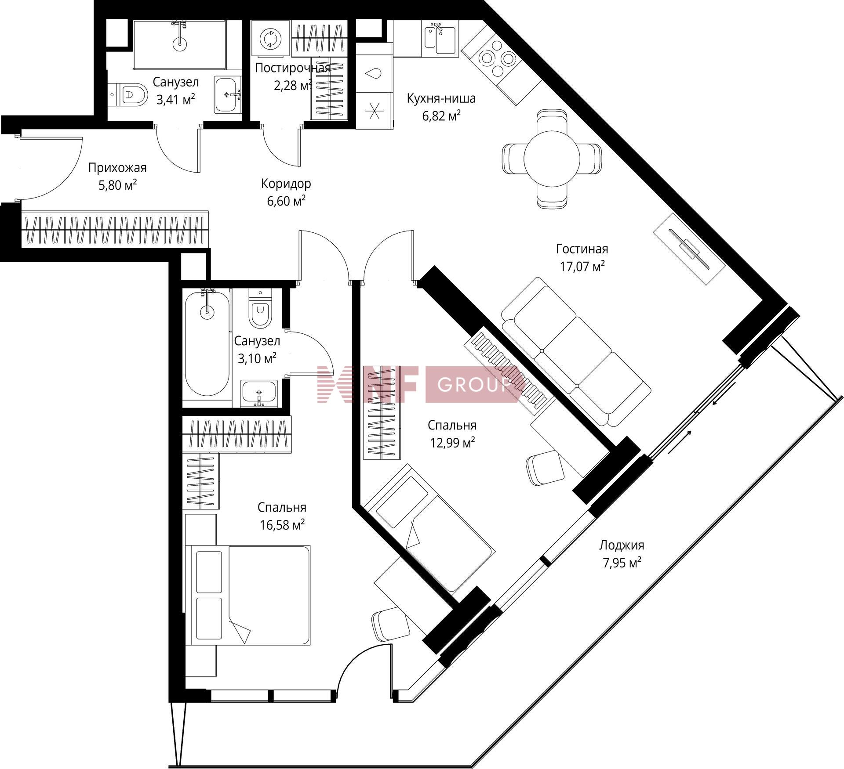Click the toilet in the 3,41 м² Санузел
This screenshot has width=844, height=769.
click(128, 94)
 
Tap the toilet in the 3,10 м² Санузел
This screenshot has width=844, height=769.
click(260, 308)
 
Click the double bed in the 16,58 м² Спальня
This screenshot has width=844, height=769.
click(248, 595)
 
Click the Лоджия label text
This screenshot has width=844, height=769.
click(622, 545)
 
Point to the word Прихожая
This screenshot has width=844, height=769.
click(117, 168)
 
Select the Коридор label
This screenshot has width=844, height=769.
click(286, 184)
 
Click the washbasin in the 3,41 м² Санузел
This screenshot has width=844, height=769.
click(228, 94)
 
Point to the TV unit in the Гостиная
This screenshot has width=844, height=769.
click(688, 249)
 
